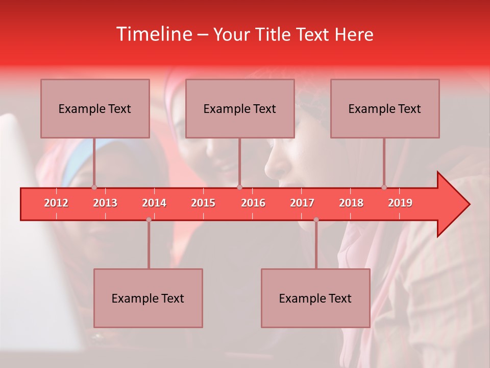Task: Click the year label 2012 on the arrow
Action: point(56,203)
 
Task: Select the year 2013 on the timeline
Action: point(105,203)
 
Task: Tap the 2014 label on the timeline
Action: point(154,203)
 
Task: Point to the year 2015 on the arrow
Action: point(203,203)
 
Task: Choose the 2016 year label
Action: point(253,203)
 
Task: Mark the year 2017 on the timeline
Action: point(302,203)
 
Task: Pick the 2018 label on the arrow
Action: point(351,203)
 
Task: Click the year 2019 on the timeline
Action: point(400,203)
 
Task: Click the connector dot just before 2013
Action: point(94,187)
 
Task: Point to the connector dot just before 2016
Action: point(239,187)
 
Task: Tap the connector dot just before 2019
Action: point(384,187)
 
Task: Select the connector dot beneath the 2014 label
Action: point(149,220)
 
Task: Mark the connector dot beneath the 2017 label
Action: point(316,220)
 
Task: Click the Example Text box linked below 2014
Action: point(148,298)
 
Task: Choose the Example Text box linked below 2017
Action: point(315,298)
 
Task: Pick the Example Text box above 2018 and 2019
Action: point(385,108)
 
